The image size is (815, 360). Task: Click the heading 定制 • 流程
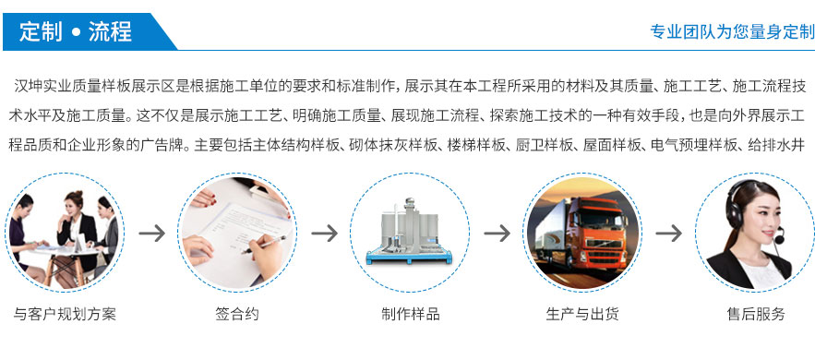point(76,31)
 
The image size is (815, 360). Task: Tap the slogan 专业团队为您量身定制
point(732,31)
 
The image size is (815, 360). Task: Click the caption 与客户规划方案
point(65,314)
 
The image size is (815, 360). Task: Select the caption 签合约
point(237,314)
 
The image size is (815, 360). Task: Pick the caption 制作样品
point(410,314)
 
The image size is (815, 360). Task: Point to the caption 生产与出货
point(582,314)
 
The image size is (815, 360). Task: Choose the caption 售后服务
point(755,314)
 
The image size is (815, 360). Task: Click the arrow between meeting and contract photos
point(151,234)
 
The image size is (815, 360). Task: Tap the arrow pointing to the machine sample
point(324,234)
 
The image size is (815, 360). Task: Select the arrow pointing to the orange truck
point(497,234)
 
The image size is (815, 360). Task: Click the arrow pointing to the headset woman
point(668,234)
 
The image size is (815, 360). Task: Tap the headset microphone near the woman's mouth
point(779,239)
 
